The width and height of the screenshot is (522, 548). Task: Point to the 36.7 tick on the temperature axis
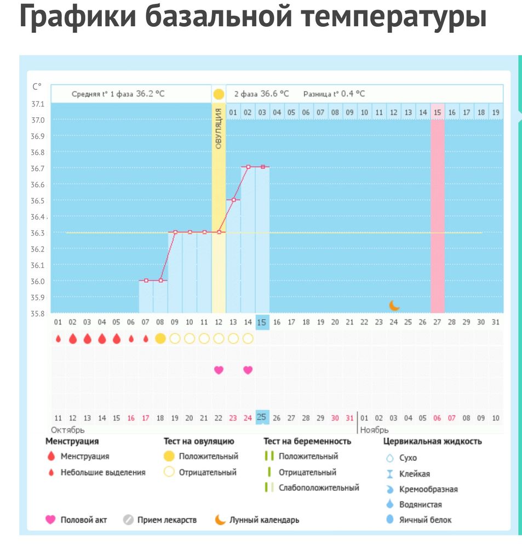[x=38, y=168]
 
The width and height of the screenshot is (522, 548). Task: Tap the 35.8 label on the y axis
[x=38, y=314]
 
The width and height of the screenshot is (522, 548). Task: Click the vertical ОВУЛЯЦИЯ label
[x=218, y=129]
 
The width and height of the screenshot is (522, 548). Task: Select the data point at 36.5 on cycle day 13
[x=233, y=200]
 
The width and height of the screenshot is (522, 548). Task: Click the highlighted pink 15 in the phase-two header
[x=437, y=112]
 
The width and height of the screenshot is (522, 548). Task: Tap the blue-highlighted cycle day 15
[x=262, y=322]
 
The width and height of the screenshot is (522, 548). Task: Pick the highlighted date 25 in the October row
[x=262, y=418]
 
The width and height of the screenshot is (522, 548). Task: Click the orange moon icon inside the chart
[x=394, y=305]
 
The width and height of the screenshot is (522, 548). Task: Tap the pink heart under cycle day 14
[x=248, y=370]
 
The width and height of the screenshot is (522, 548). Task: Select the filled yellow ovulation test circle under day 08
[x=160, y=339]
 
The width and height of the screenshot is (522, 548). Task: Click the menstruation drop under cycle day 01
[x=58, y=339]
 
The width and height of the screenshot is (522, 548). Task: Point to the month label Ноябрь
[x=374, y=430]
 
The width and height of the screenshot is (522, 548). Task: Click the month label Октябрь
[x=68, y=430]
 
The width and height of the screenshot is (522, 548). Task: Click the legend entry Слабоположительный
[x=318, y=487]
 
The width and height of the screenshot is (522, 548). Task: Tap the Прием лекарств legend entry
[x=167, y=520]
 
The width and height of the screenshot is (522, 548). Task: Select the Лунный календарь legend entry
[x=264, y=520]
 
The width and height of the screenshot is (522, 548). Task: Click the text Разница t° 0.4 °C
[x=334, y=94]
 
